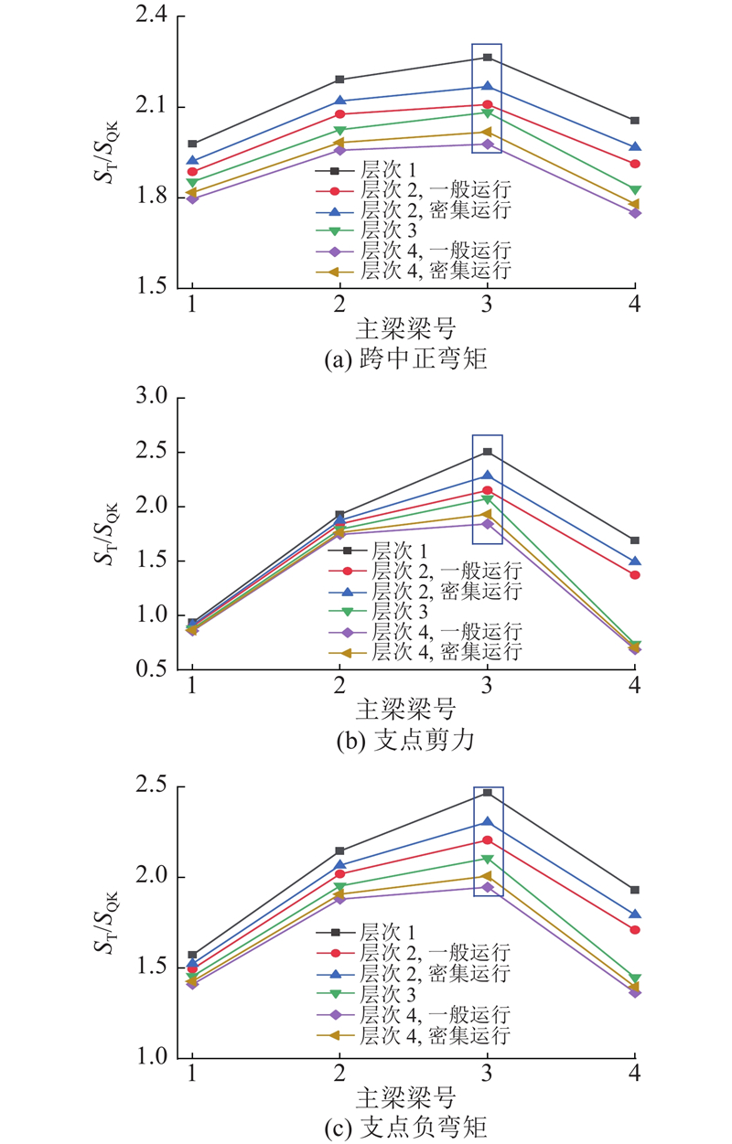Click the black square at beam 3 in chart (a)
(487, 58)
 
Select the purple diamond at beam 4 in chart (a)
(634, 213)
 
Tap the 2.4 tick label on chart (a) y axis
(151, 16)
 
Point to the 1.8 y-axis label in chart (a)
(151, 197)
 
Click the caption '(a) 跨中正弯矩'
(406, 358)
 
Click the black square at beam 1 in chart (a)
(192, 144)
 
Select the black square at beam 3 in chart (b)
(487, 452)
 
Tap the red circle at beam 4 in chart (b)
(634, 575)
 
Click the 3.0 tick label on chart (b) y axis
(151, 396)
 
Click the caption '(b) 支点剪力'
(406, 740)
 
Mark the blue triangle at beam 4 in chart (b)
(634, 561)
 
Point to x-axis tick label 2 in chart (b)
(339, 685)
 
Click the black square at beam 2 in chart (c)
(339, 851)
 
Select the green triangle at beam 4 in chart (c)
(634, 979)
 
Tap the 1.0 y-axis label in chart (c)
(151, 1056)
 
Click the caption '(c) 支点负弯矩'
(406, 1128)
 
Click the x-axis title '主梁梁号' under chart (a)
(405, 328)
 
